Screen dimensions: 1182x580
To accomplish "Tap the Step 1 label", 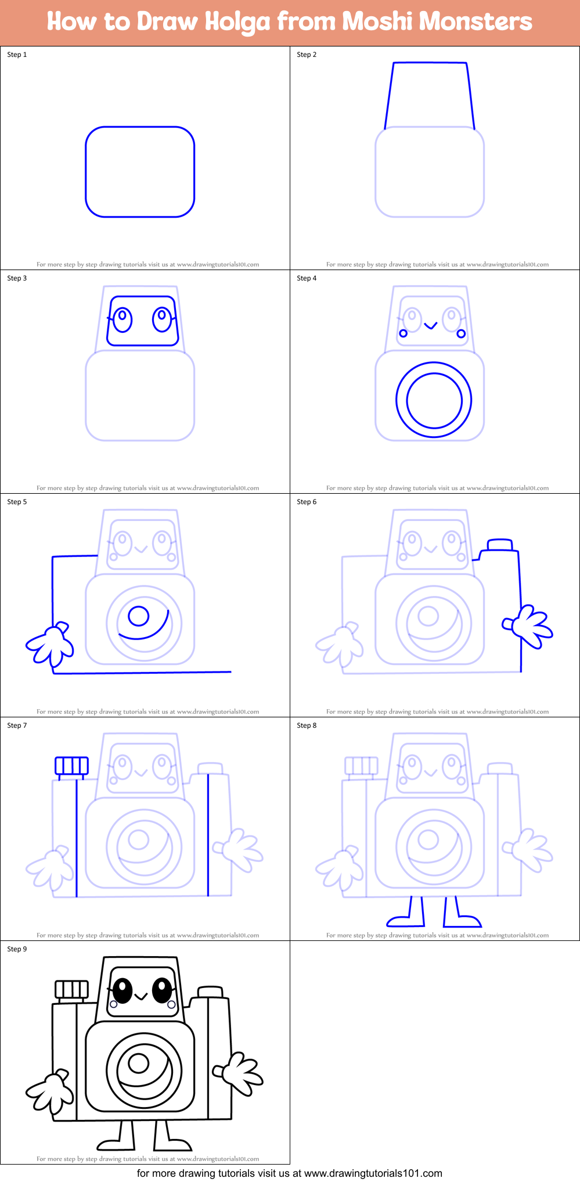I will click(x=17, y=55).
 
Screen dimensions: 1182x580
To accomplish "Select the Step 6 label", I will click(x=307, y=502).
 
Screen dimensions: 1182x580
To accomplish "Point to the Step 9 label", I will click(x=17, y=949).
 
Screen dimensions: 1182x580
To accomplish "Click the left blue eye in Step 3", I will click(x=123, y=319).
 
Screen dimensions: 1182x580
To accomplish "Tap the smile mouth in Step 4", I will click(x=430, y=326).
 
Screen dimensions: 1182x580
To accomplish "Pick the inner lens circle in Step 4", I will click(x=434, y=400).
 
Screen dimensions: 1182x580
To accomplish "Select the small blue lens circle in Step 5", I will click(x=139, y=616).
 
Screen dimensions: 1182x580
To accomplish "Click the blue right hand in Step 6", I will click(x=529, y=626).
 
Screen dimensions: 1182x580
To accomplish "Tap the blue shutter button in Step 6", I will click(x=500, y=545).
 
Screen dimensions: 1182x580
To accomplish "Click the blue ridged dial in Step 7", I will click(x=71, y=766).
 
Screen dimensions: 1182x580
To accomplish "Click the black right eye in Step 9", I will click(x=162, y=990).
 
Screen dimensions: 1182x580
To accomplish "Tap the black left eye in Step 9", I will click(x=122, y=990).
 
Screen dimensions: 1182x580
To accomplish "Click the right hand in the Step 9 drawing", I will click(x=239, y=1073).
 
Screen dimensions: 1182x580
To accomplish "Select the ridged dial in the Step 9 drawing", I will click(x=71, y=990).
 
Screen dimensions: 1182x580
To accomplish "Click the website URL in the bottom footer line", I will click(x=373, y=1173).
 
